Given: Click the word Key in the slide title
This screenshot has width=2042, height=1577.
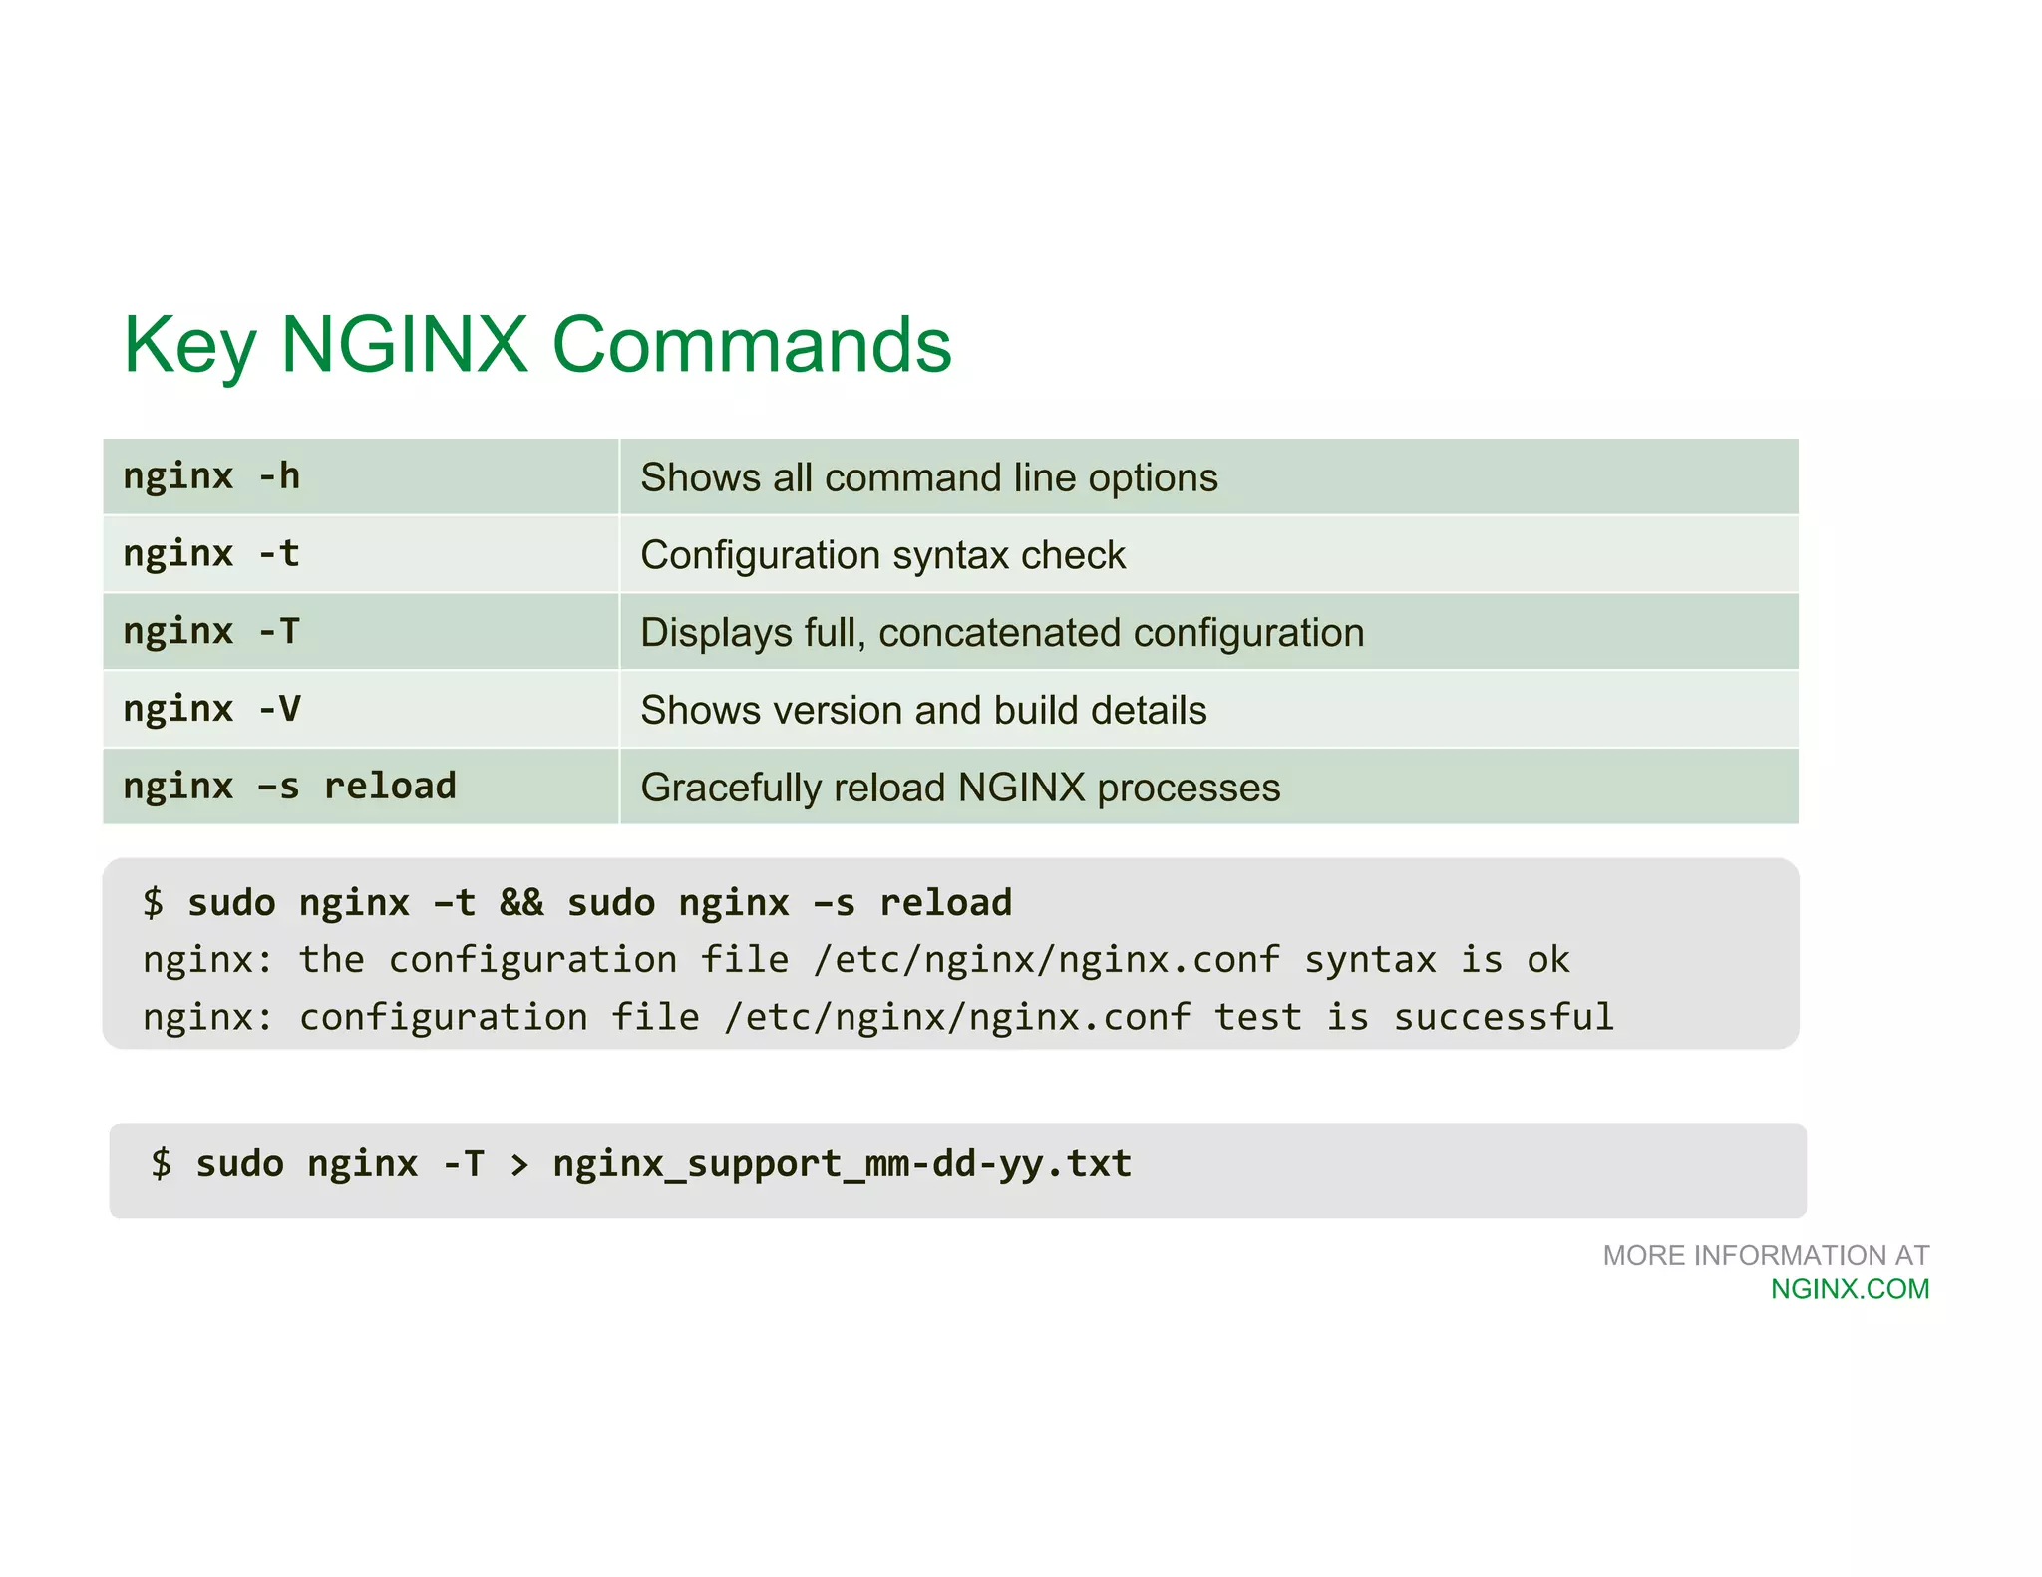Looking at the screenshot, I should (x=189, y=345).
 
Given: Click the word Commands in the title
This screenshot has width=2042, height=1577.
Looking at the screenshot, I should (x=752, y=345).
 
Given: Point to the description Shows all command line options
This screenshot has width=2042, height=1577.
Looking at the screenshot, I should (x=928, y=477).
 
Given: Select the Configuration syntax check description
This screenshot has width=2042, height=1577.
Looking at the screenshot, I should (x=882, y=555).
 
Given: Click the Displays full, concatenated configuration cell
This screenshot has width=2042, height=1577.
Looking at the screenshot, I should (x=1001, y=633).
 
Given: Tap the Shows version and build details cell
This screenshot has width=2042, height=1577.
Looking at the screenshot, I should (x=923, y=711).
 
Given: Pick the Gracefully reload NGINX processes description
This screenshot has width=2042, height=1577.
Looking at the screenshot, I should (x=959, y=788).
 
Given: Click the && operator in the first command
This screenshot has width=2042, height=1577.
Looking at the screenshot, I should (x=521, y=903).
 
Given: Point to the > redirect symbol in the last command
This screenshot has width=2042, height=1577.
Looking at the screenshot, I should (x=518, y=1164).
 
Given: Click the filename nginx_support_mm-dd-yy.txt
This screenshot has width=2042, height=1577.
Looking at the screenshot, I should (x=843, y=1164).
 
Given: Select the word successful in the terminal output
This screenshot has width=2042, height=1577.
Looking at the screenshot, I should (x=1504, y=1018).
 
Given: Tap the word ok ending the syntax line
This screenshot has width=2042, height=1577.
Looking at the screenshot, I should (x=1547, y=960).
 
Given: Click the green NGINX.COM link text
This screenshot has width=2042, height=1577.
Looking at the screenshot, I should (x=1850, y=1289).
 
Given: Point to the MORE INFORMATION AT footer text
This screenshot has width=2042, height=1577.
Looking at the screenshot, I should (x=1766, y=1255).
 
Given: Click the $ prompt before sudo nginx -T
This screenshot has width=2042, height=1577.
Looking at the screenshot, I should (x=162, y=1164).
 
